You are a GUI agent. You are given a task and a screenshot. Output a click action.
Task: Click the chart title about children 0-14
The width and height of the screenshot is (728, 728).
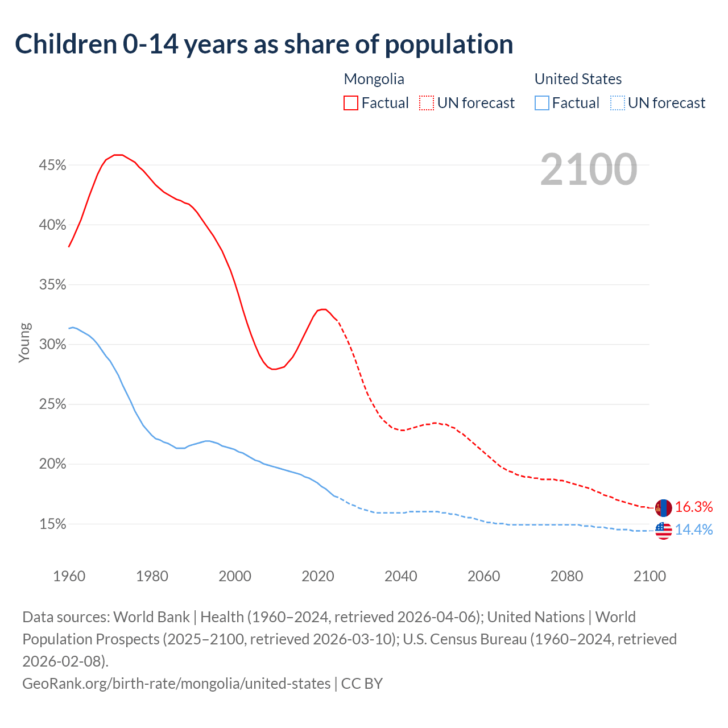(264, 44)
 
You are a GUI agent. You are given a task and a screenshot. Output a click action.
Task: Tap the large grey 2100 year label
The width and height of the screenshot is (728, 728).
(589, 169)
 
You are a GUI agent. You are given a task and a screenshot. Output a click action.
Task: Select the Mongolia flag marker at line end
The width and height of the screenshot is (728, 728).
(663, 507)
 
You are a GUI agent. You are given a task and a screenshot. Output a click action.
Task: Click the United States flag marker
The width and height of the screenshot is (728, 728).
(663, 531)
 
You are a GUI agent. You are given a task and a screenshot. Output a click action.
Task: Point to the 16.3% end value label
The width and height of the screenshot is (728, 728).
(694, 507)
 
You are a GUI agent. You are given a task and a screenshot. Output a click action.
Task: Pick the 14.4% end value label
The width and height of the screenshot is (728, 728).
(694, 530)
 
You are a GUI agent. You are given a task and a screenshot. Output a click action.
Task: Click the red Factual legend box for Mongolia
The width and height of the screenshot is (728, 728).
(351, 103)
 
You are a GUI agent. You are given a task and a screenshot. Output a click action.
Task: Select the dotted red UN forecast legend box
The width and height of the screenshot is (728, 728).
(427, 103)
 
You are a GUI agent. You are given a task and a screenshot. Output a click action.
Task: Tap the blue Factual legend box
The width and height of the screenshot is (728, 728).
(542, 103)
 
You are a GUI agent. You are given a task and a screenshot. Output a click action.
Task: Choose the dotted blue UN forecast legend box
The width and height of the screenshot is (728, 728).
(617, 103)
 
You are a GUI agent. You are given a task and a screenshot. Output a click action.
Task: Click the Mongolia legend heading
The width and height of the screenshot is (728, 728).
(374, 79)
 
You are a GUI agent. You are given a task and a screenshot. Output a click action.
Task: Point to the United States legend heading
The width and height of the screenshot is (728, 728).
(578, 79)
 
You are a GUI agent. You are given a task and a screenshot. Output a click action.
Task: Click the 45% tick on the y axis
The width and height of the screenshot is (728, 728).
(52, 166)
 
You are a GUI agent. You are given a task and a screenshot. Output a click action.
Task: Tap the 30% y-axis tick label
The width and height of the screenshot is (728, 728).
(52, 345)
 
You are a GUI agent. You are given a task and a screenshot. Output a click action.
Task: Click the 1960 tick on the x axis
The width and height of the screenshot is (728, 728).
(69, 576)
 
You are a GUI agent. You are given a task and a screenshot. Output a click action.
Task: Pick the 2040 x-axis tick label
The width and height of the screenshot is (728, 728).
(401, 576)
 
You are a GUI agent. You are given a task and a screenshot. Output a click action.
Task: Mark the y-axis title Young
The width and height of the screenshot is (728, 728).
(24, 342)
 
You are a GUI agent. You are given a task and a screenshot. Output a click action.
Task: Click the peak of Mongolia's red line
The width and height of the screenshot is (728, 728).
(118, 155)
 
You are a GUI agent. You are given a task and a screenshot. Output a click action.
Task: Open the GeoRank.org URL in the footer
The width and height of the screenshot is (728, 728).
(176, 683)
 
